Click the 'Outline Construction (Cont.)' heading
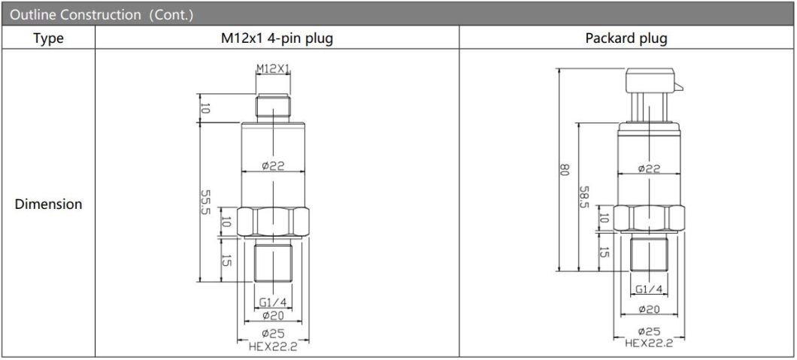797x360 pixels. pyautogui.click(x=102, y=15)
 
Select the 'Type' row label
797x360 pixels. pyautogui.click(x=48, y=38)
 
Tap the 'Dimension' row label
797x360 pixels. pyautogui.click(x=48, y=204)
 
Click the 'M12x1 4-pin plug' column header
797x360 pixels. pyautogui.click(x=277, y=38)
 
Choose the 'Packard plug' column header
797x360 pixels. pyautogui.click(x=626, y=38)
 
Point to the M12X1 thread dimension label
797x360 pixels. pyautogui.click(x=273, y=68)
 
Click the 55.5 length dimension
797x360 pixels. pyautogui.click(x=205, y=203)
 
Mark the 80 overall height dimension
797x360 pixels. pyautogui.click(x=562, y=170)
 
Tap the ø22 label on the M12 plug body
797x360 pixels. pyautogui.click(x=273, y=165)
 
